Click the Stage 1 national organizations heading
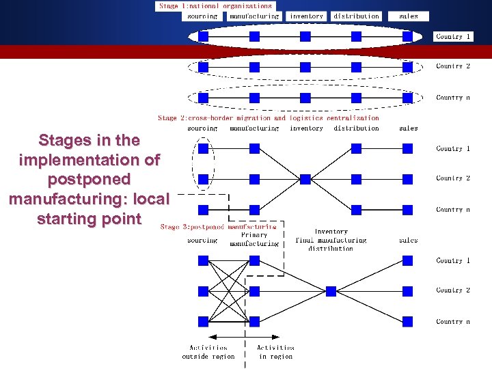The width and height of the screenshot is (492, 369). [215, 6]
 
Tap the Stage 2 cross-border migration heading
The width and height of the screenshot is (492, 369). [268, 118]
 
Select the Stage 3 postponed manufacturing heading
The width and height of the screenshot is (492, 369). [218, 226]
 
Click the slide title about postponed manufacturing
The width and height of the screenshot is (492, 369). [89, 179]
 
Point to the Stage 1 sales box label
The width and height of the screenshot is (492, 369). [408, 16]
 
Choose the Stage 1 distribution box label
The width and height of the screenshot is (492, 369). [356, 16]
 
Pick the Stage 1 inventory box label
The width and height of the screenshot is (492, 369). [306, 16]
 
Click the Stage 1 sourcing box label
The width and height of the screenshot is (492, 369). [202, 16]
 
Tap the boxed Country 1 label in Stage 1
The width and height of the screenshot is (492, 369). [453, 36]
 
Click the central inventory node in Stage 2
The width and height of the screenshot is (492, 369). [305, 178]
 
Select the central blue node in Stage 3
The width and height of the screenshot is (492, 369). [331, 291]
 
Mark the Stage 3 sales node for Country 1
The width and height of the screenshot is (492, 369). [408, 260]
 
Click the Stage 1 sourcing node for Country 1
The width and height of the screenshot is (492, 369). [203, 36]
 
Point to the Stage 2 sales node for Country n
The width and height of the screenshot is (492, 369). [408, 209]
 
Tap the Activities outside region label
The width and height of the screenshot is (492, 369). [208, 352]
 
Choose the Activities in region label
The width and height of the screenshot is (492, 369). [275, 352]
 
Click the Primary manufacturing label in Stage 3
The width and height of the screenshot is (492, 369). [254, 239]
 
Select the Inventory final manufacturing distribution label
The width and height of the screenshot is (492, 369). [331, 240]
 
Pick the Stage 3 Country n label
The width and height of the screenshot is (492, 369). [453, 321]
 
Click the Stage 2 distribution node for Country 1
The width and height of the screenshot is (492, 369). [356, 148]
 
